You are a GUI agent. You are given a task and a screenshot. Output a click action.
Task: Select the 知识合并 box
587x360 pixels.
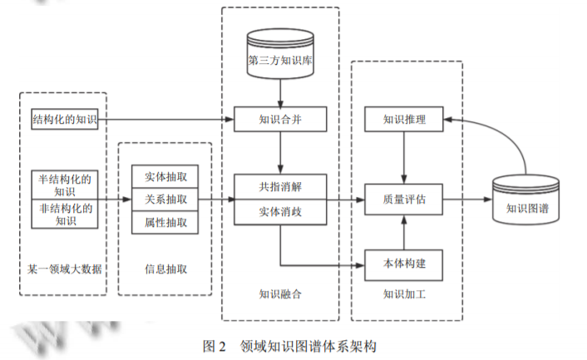pos(280,121)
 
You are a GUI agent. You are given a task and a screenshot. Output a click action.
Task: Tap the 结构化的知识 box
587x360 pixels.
pos(64,121)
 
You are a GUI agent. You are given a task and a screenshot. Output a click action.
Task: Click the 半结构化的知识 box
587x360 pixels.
pos(64,185)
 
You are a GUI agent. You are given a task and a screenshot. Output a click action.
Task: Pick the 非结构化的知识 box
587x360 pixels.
pos(64,215)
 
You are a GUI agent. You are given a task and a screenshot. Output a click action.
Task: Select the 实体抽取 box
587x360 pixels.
pos(165,177)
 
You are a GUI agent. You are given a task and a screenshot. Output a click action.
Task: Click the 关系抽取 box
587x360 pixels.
pos(165,200)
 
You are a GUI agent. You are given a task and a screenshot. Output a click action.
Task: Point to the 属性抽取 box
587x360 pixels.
pos(165,222)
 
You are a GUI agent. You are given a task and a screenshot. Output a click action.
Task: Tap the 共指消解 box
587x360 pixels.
pos(280,186)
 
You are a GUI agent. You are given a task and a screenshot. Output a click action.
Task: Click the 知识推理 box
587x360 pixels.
pos(404,121)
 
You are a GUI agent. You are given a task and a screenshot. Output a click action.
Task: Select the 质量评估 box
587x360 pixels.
pos(404,200)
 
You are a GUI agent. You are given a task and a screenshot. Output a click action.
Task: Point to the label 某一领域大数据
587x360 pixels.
pos(64,269)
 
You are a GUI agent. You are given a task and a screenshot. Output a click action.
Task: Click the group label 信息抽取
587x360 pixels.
pos(165,269)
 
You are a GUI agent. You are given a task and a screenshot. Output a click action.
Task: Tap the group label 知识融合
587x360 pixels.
pos(280,293)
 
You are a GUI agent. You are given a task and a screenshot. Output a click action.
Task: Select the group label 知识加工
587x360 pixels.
pos(404,293)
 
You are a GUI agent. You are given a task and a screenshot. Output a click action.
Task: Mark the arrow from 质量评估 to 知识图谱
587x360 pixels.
pos(466,200)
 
